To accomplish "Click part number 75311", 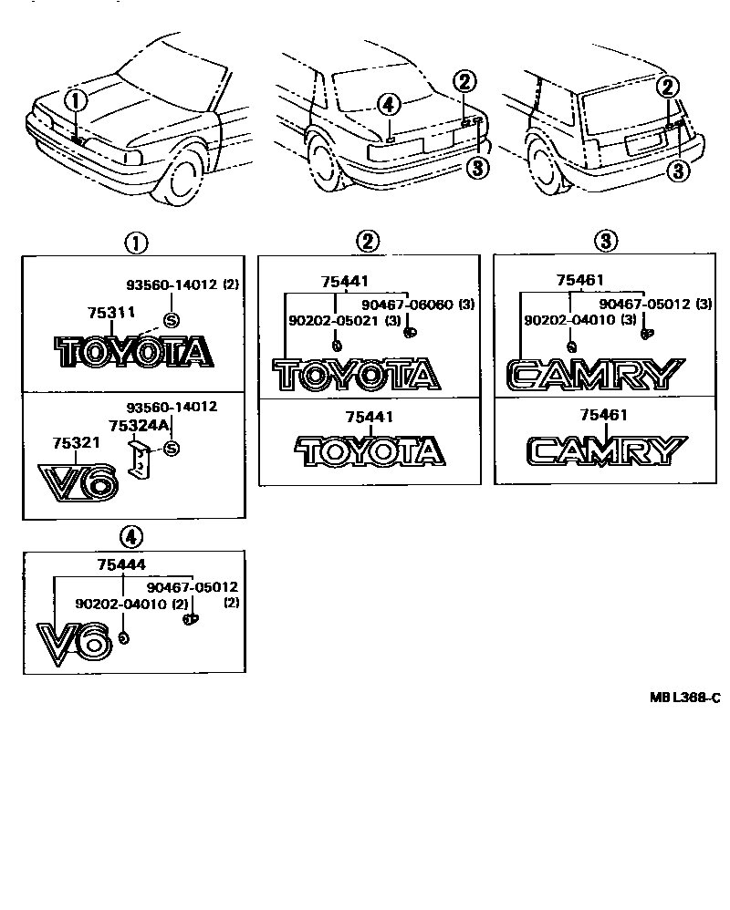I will click(x=111, y=313).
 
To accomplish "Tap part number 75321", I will click(x=75, y=442).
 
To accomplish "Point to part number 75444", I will click(x=121, y=565).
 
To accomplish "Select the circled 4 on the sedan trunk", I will click(x=389, y=106).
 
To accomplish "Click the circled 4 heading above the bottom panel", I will click(x=133, y=535).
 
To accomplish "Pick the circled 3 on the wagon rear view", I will click(x=677, y=170).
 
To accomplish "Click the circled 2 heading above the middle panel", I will click(x=367, y=241).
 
